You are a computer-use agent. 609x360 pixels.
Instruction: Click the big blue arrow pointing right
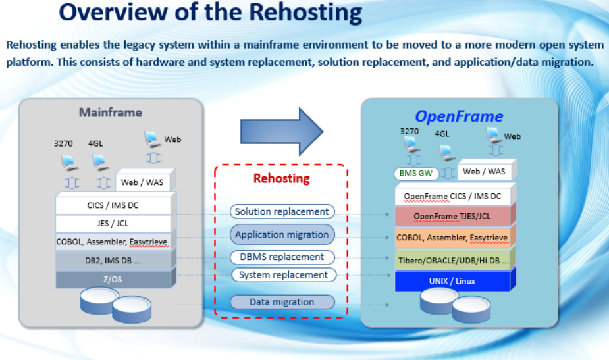[282, 132]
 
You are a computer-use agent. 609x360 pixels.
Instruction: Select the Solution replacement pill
[282, 212]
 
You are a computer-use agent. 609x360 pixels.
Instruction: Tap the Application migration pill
[282, 234]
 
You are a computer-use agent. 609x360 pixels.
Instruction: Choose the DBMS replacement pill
[282, 257]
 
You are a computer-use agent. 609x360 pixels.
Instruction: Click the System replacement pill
[284, 275]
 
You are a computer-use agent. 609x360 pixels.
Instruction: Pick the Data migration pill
[282, 302]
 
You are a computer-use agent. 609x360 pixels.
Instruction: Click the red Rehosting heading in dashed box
[282, 178]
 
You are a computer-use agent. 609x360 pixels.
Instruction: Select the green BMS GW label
[416, 173]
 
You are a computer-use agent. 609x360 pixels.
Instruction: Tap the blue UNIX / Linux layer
[452, 281]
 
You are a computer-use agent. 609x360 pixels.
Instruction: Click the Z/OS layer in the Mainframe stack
[113, 279]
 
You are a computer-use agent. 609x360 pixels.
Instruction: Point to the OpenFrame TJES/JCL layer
[452, 217]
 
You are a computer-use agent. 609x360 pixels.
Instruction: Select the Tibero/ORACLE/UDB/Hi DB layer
[452, 260]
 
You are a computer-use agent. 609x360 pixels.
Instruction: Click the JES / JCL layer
[113, 223]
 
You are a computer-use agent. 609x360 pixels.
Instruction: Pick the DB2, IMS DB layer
[113, 261]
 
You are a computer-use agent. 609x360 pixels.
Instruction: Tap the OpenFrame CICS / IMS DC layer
[452, 197]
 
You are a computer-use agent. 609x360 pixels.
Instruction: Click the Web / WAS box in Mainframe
[143, 182]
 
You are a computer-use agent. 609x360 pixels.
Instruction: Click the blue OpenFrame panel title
[459, 116]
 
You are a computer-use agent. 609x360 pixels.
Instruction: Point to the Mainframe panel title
[111, 113]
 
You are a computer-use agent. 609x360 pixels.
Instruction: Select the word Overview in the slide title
[113, 12]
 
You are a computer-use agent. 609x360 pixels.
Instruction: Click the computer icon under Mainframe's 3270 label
[70, 163]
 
